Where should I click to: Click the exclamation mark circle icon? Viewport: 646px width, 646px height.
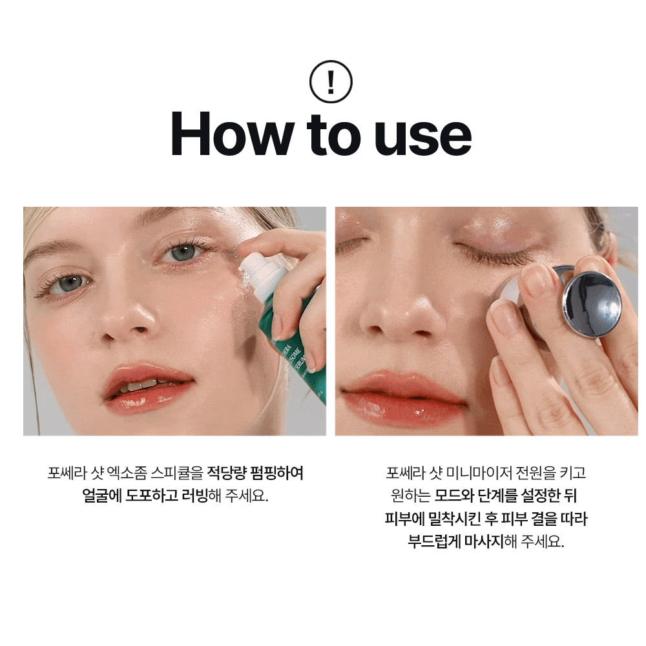pyautogui.click(x=330, y=81)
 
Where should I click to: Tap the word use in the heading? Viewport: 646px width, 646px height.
pyautogui.click(x=422, y=138)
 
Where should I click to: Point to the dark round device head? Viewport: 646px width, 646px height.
pyautogui.click(x=592, y=304)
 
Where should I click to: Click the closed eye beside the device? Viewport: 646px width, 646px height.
pyautogui.click(x=492, y=251)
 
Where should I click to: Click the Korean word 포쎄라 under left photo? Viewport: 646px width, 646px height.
pyautogui.click(x=67, y=473)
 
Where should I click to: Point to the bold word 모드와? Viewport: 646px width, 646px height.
pyautogui.click(x=454, y=495)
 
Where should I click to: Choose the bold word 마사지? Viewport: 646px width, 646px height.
pyautogui.click(x=484, y=541)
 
